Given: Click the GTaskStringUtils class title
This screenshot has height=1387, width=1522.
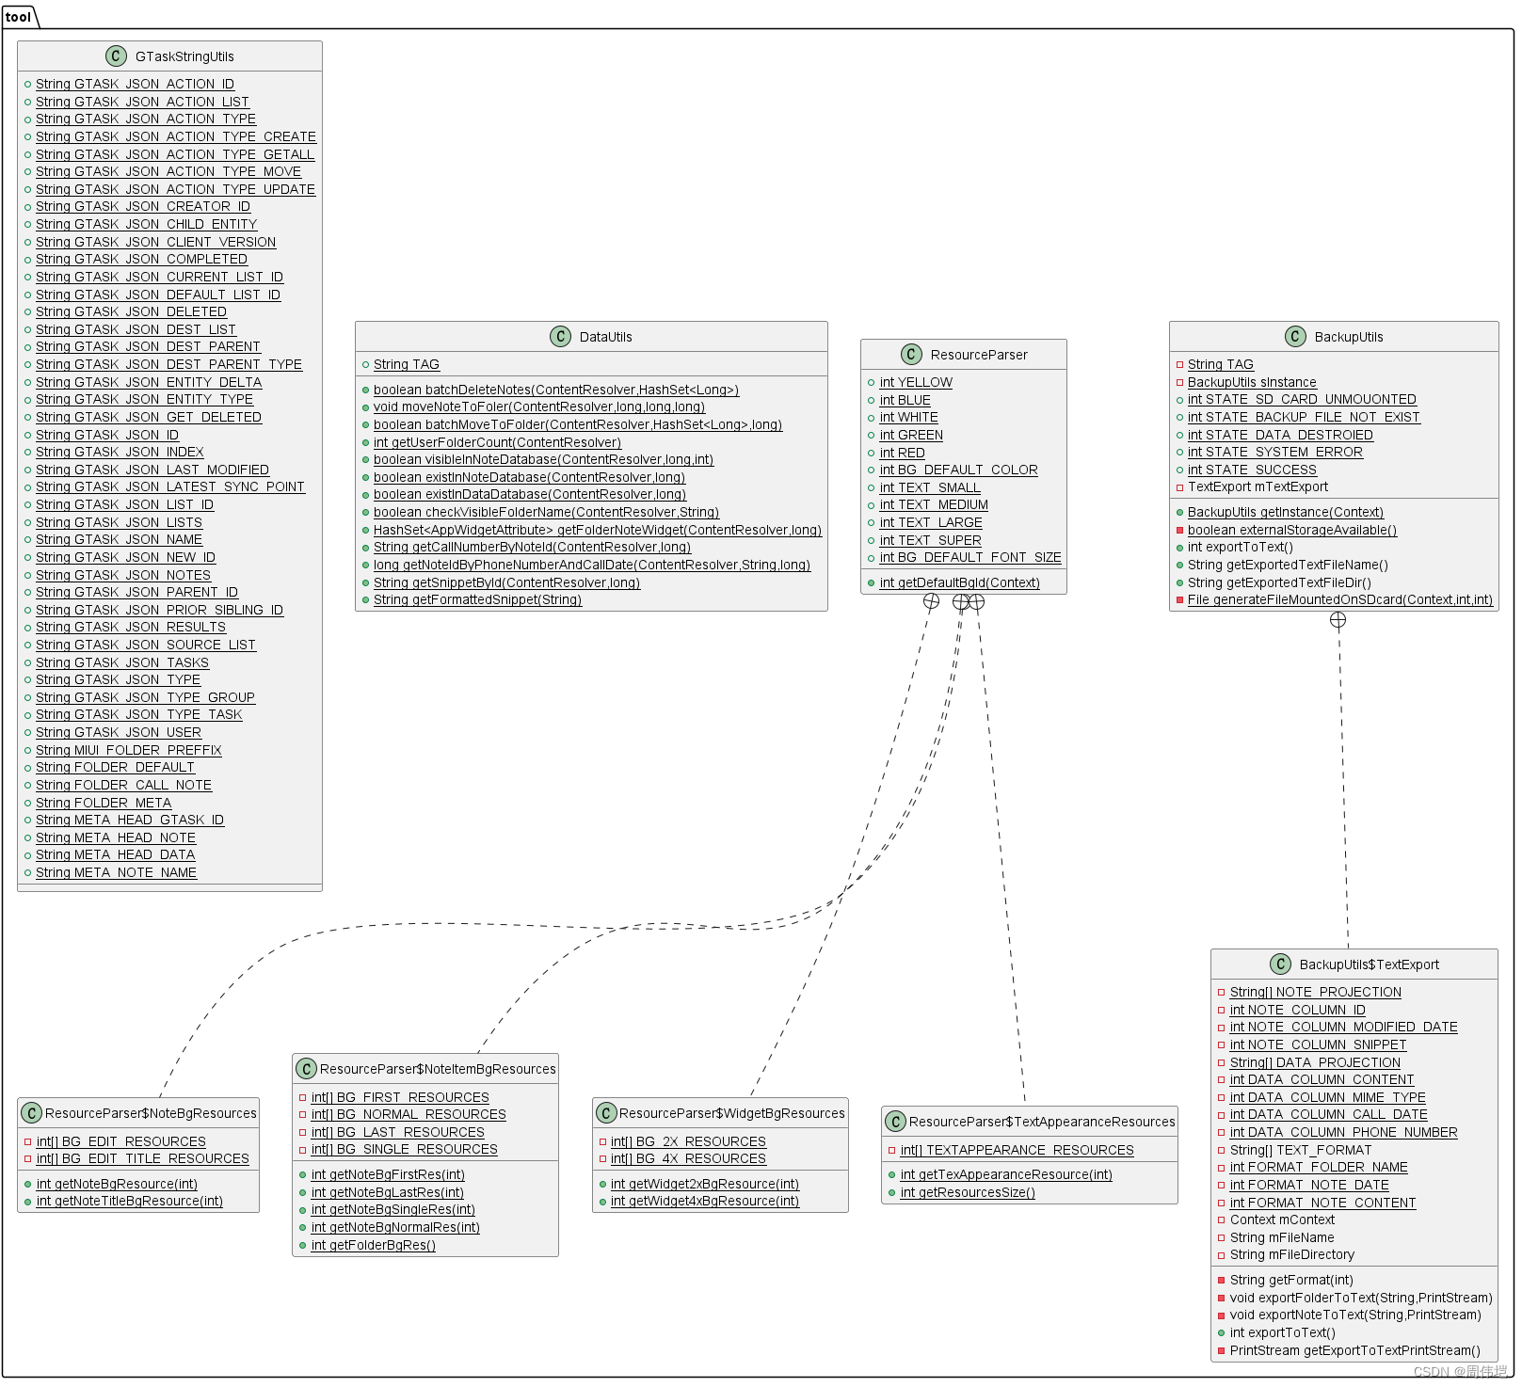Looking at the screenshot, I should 184,56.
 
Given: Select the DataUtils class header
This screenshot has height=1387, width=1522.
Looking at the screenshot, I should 605,337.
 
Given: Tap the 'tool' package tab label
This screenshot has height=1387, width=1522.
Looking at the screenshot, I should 19,17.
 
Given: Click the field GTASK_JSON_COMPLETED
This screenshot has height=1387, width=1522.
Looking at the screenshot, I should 141,260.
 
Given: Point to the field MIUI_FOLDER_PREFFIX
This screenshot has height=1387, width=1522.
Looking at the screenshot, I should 128,751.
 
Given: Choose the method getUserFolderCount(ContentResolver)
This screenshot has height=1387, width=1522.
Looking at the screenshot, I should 497,442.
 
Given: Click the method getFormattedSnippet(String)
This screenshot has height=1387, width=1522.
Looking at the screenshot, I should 477,600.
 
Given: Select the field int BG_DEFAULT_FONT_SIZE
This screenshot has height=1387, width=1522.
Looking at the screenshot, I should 969,558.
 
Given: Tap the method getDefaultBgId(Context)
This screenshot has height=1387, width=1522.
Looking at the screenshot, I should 959,583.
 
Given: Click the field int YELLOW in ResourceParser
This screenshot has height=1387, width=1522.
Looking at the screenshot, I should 915,383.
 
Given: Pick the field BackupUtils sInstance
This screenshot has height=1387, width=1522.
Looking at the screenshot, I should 1251,383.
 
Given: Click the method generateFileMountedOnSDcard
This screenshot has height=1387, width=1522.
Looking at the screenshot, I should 1339,600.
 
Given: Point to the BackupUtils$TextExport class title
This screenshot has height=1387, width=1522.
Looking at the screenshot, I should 1369,965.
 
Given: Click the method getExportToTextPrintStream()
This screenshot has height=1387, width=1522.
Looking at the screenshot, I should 1354,1351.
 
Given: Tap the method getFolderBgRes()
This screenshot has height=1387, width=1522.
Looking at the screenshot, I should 373,1246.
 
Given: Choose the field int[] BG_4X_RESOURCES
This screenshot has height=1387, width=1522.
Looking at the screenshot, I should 687,1159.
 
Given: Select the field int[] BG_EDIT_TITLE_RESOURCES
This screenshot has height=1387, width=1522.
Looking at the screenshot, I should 142,1159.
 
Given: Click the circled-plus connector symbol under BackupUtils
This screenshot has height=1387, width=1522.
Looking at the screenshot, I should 1338,620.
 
